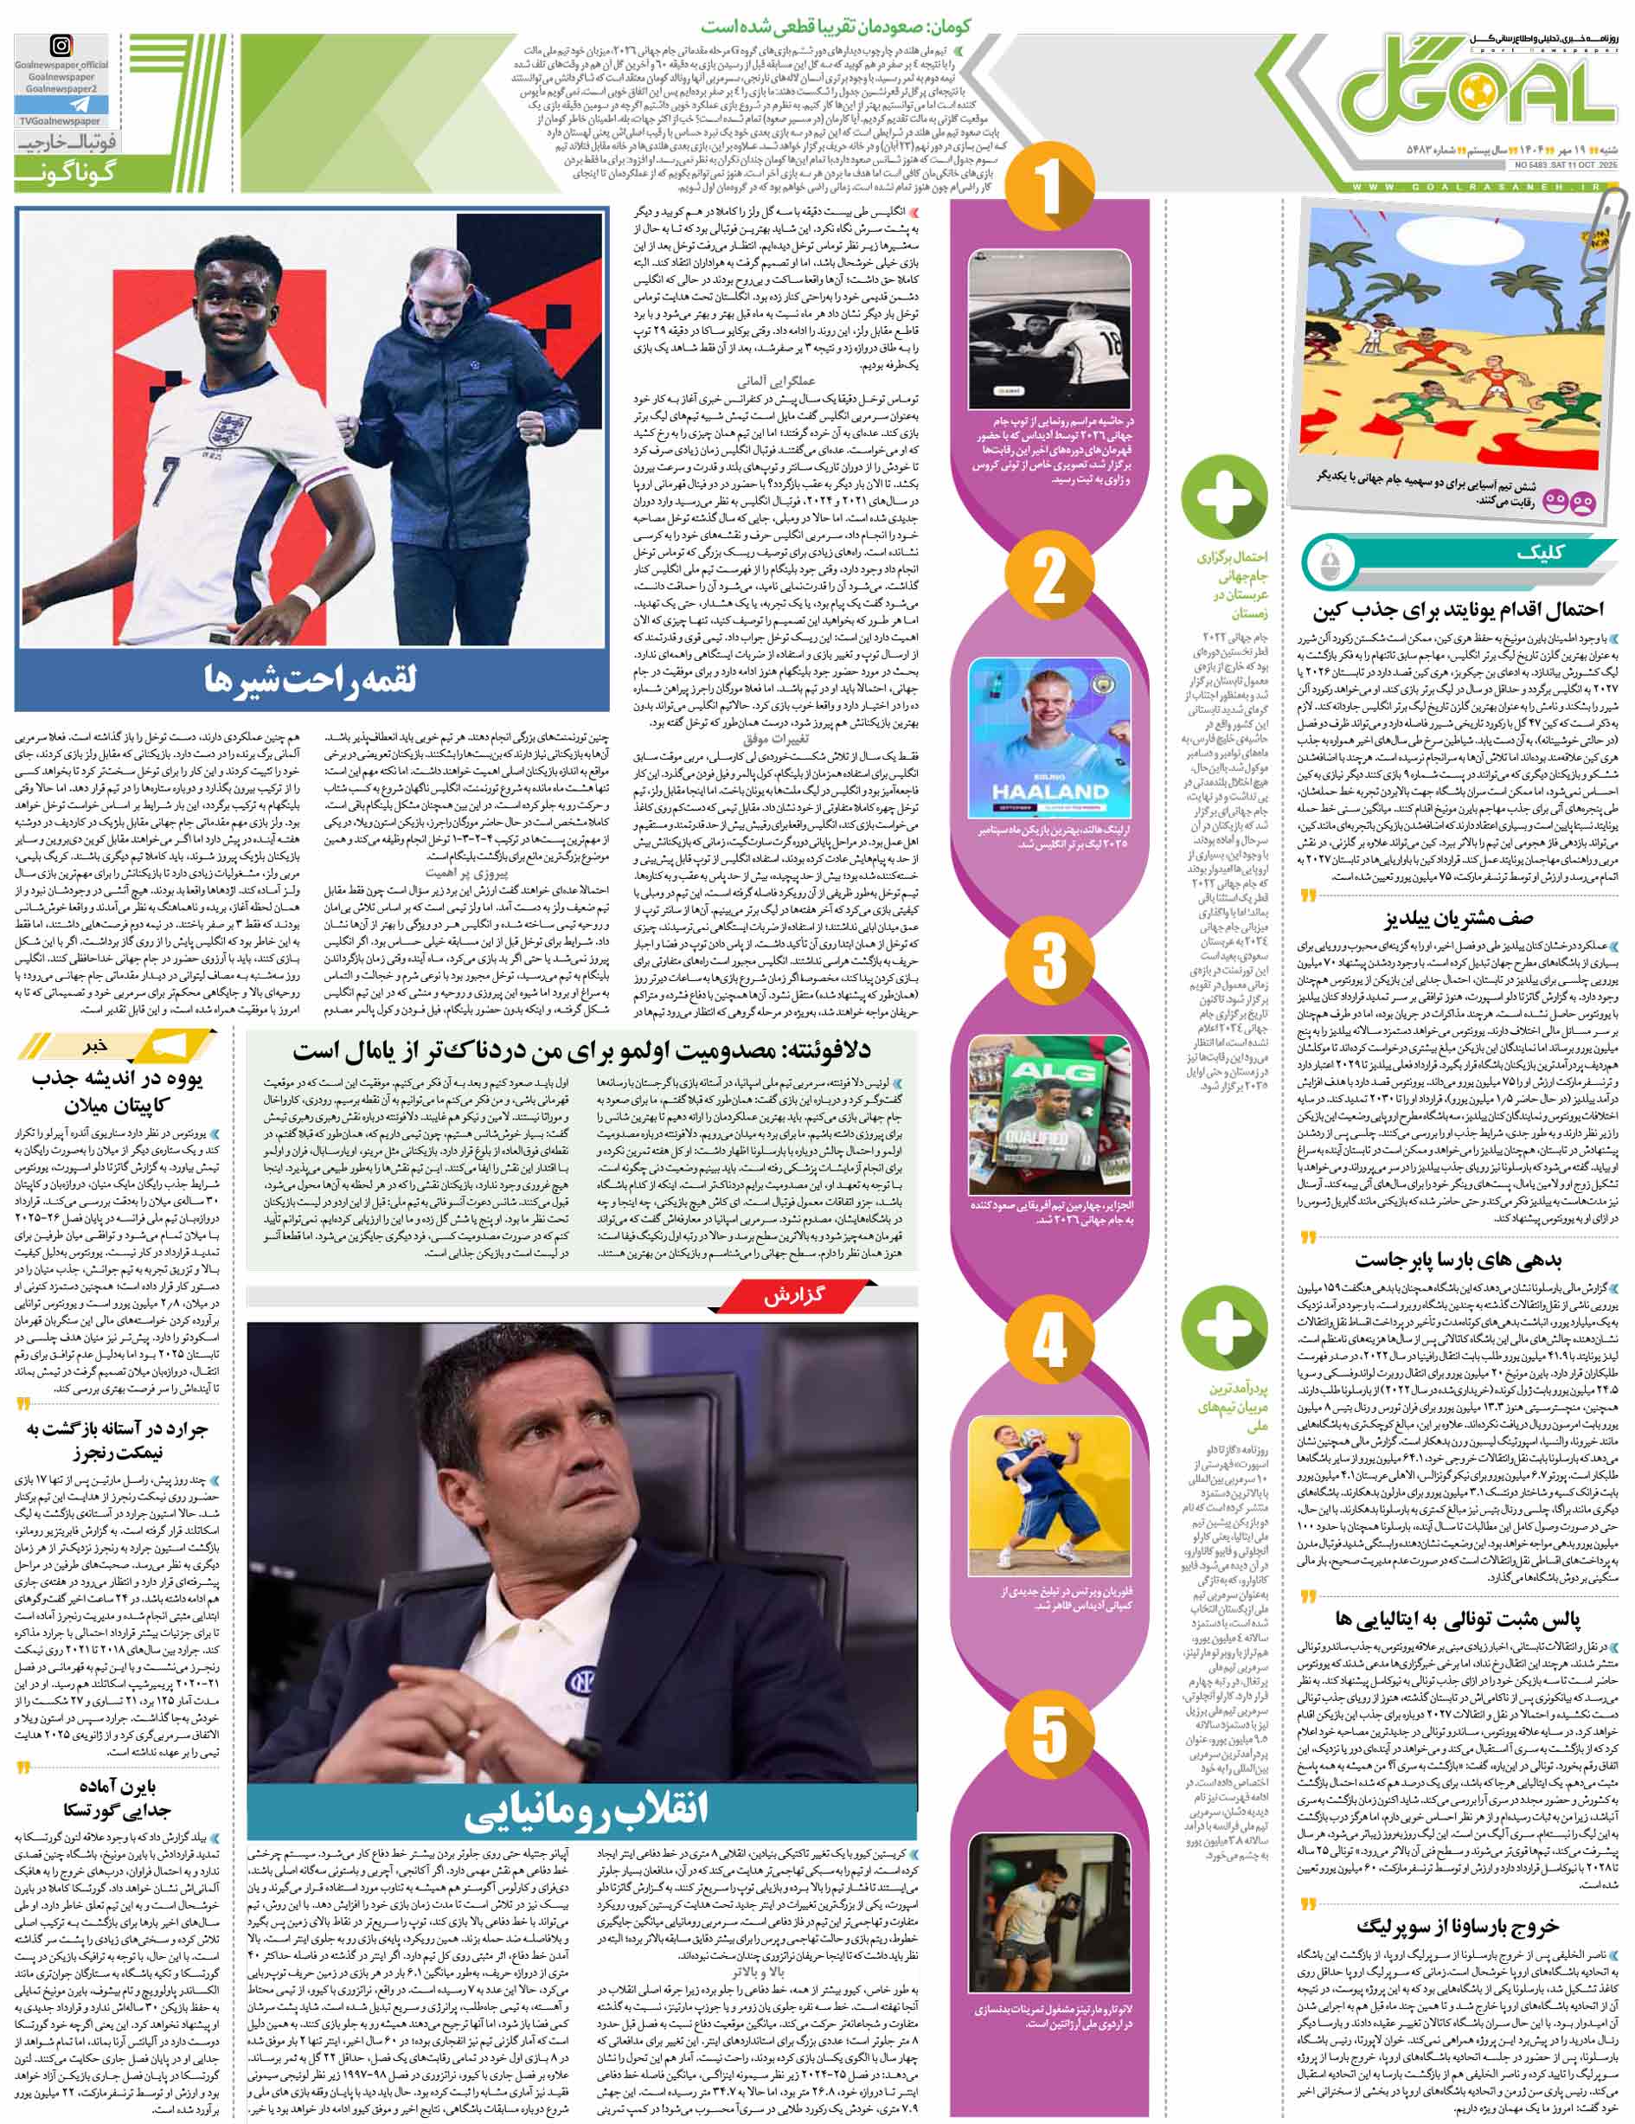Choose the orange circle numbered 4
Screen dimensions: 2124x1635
point(1049,1343)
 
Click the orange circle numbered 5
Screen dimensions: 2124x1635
point(1049,1741)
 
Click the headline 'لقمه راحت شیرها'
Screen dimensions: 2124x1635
point(311,677)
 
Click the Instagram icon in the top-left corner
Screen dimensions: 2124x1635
point(60,47)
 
